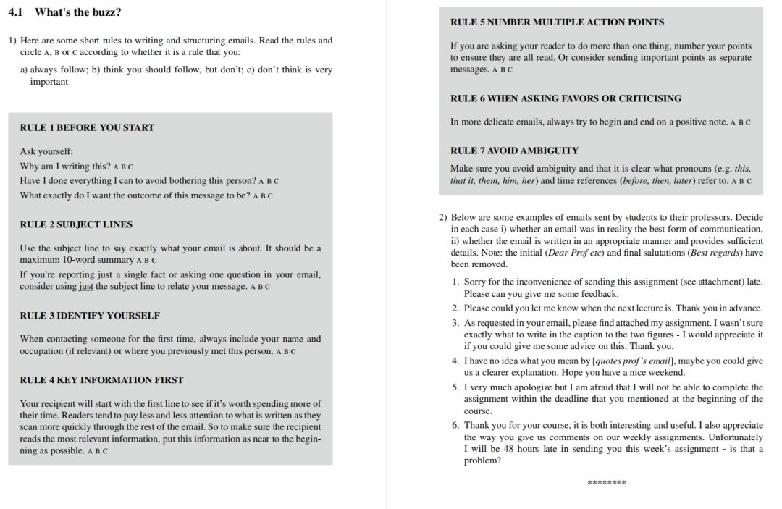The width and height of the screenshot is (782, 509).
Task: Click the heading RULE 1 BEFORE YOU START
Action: tap(87, 127)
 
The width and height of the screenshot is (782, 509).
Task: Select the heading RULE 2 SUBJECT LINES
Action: tap(76, 224)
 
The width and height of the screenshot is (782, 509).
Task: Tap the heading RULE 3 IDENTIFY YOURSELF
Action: tap(90, 316)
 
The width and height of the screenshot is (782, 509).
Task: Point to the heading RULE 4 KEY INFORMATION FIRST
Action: tap(101, 379)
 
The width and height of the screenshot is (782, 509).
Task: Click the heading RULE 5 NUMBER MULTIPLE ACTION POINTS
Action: tap(557, 22)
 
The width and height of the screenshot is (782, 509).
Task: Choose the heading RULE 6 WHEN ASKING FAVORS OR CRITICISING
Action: tap(566, 98)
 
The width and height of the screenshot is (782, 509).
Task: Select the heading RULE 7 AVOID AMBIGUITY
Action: tap(514, 151)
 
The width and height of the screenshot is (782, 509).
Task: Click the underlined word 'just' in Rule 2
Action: tap(86, 286)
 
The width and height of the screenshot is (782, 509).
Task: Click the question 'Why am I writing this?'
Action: tap(65, 167)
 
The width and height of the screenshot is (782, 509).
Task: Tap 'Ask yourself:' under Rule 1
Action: tap(46, 152)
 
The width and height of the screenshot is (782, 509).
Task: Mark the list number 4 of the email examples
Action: tap(455, 361)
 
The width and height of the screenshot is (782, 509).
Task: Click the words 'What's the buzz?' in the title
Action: tap(77, 12)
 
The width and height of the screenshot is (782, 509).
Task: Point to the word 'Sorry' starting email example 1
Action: tap(476, 282)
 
